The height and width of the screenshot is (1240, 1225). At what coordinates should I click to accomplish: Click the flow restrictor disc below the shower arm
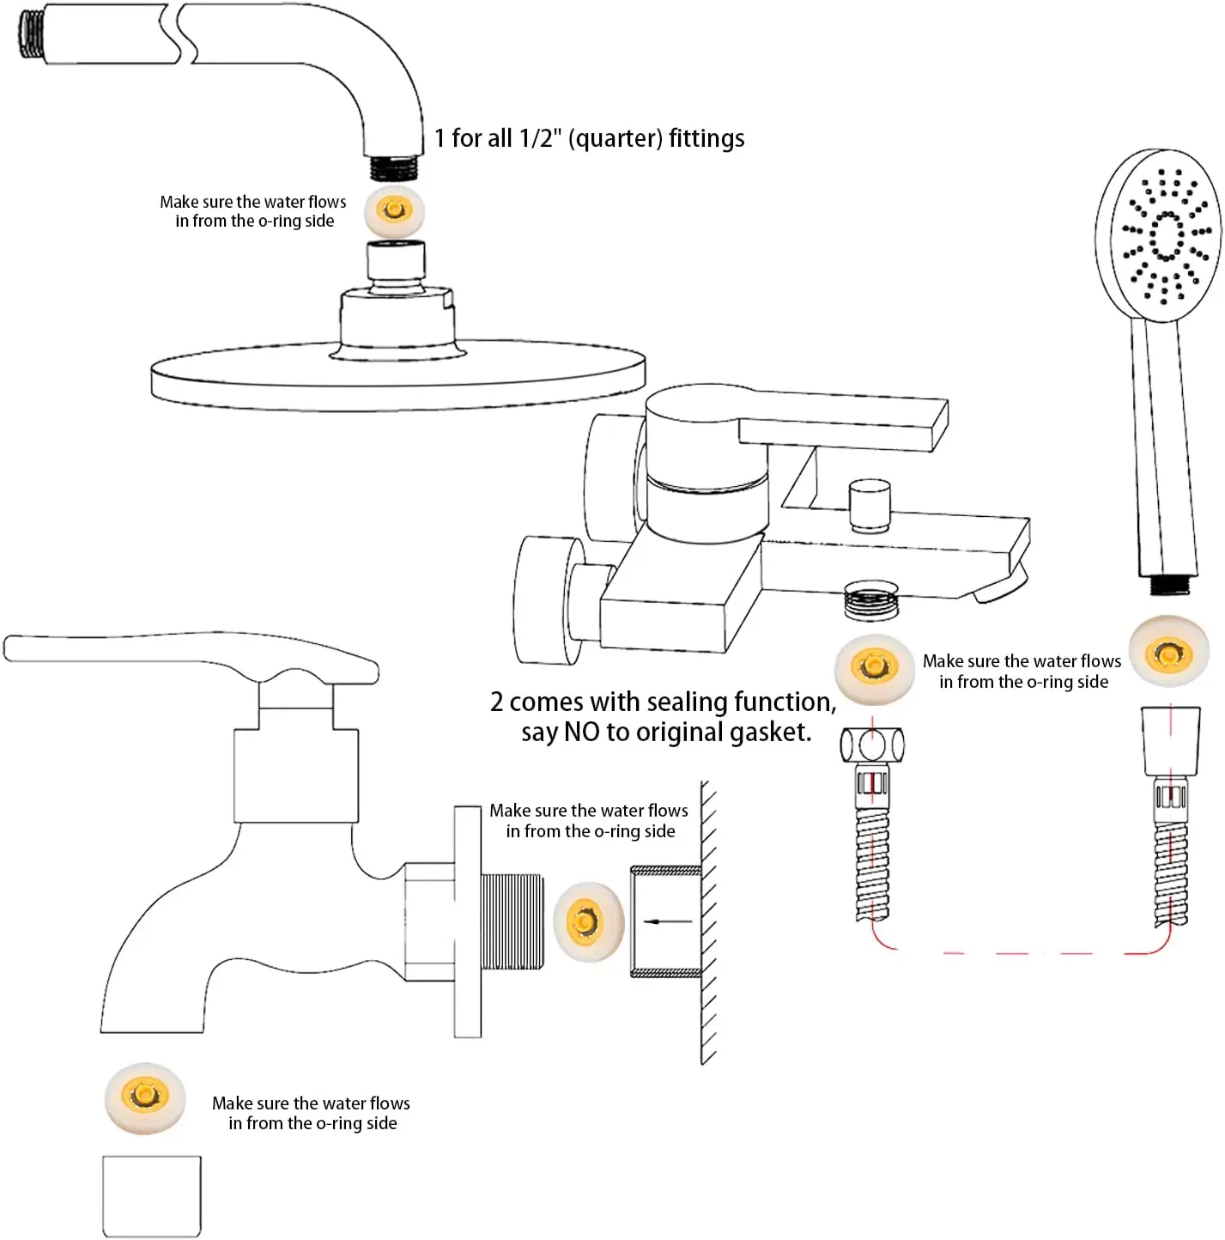[394, 210]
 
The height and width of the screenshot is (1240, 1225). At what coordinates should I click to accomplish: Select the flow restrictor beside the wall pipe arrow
[587, 921]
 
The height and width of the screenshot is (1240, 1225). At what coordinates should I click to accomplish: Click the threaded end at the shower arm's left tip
[33, 34]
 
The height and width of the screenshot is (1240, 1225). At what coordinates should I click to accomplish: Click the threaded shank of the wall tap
[512, 921]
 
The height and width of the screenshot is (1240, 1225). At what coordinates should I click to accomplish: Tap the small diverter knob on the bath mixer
[869, 507]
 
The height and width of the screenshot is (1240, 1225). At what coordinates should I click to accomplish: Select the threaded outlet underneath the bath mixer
[870, 600]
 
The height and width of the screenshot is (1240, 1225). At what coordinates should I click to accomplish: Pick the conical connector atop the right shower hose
[1170, 740]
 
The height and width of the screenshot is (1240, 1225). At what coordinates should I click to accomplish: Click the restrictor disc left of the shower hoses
[874, 667]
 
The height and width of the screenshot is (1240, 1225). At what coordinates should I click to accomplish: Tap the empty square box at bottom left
[152, 1195]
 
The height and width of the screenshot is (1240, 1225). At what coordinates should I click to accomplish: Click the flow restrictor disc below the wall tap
[145, 1097]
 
